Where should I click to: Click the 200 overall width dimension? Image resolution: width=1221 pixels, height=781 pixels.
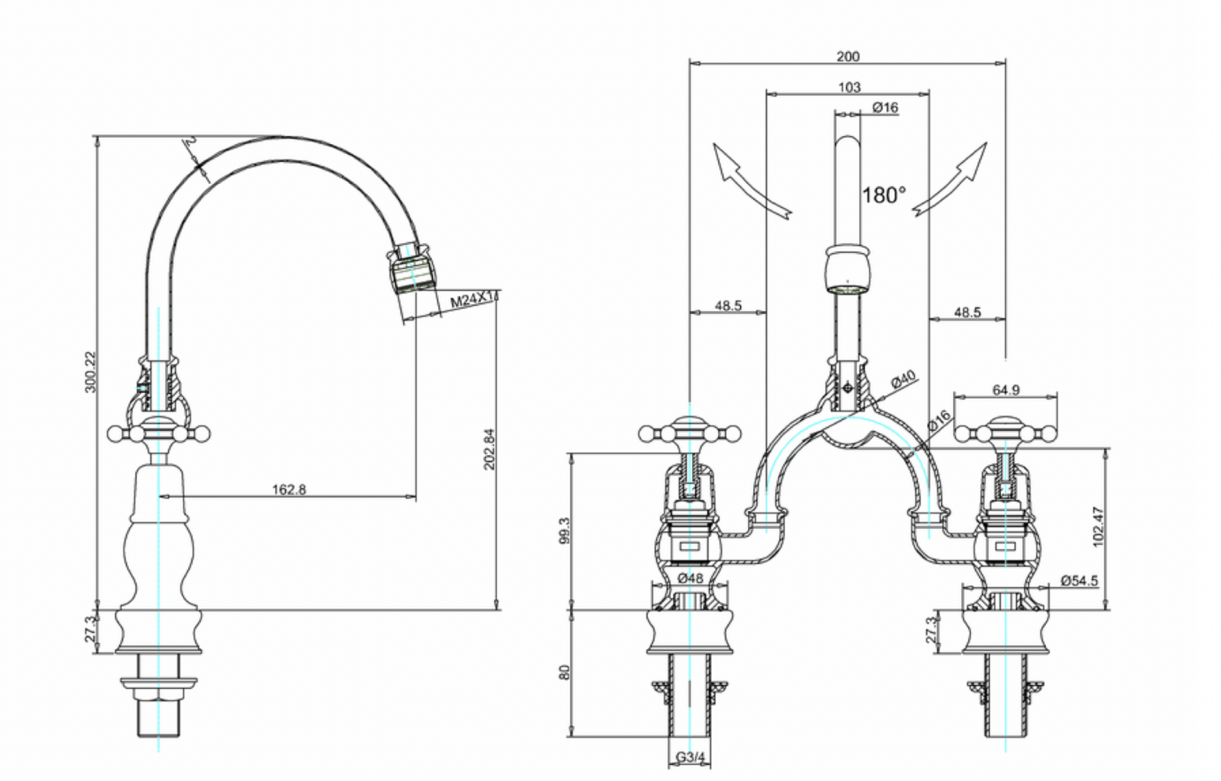[x=847, y=56]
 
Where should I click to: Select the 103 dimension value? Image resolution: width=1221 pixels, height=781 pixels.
[x=849, y=87]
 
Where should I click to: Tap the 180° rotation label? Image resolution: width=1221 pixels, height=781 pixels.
[x=883, y=195]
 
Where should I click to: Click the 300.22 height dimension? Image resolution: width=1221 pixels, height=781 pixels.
[x=90, y=371]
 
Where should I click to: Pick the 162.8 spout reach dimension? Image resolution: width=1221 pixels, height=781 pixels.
[x=289, y=490]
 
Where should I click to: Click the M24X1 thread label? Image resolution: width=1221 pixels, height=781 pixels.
[x=473, y=300]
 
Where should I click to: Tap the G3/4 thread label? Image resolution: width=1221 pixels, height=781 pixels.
[x=690, y=757]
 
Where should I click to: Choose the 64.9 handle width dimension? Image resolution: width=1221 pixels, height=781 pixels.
[x=1006, y=390]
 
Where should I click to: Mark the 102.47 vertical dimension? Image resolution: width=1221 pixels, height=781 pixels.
[x=1098, y=527]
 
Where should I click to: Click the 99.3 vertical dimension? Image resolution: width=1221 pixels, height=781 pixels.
[x=567, y=530]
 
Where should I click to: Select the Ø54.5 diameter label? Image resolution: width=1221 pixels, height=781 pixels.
[x=1079, y=581]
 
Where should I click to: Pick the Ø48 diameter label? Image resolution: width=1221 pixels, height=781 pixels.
[x=690, y=578]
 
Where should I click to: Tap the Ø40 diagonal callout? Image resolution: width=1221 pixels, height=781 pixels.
[x=903, y=380]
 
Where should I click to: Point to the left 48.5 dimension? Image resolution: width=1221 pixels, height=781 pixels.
[x=729, y=306]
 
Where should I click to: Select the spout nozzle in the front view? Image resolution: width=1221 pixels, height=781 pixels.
[x=849, y=269]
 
